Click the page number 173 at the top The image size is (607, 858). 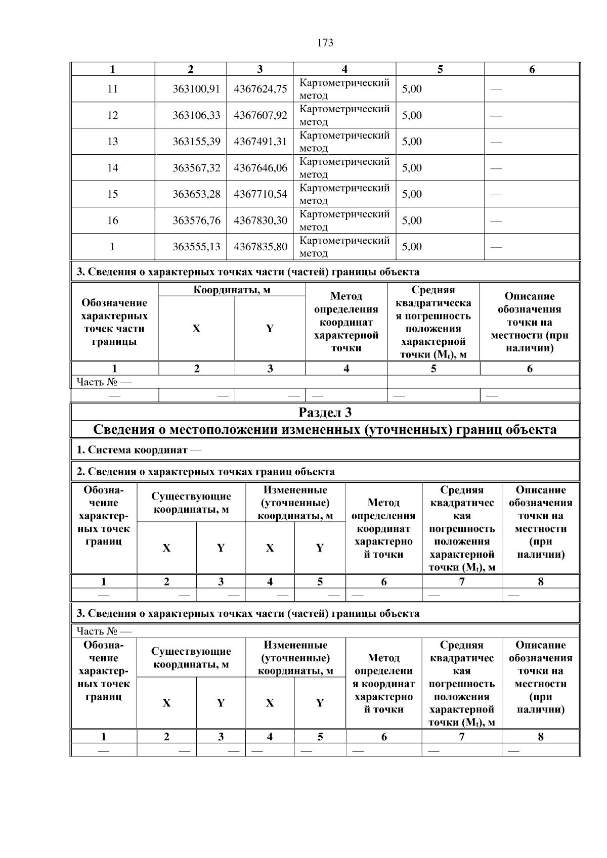325,43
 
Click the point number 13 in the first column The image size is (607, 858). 112,142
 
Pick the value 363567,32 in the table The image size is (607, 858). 196,168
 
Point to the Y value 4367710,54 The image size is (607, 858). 260,194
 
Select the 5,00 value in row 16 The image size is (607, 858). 412,220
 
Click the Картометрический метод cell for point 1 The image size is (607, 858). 344,246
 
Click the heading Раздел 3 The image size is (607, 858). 325,413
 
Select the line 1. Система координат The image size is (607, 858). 138,449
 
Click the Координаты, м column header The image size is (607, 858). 232,290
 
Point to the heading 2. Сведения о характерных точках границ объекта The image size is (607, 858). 205,472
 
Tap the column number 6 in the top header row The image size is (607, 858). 532,69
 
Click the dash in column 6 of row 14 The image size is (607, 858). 496,168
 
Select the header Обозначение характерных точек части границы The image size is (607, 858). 114,322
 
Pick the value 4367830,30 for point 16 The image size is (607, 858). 260,220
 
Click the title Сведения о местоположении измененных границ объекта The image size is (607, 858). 325,430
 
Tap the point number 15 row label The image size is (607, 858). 112,194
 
